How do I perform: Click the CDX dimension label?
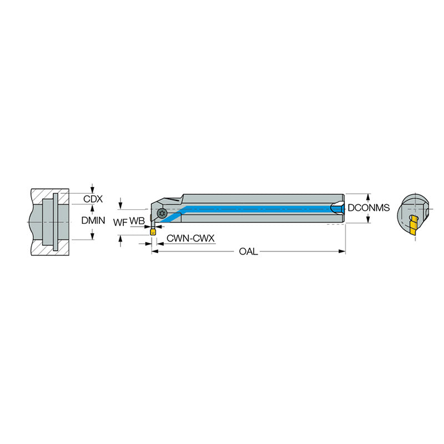pos(93,199)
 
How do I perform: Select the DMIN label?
pos(93,220)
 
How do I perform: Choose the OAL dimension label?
pos(248,251)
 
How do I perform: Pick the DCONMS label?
pos(369,208)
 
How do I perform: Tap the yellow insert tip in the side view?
pos(153,233)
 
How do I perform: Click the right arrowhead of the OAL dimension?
pos(342,251)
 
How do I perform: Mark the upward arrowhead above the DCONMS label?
pos(369,197)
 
